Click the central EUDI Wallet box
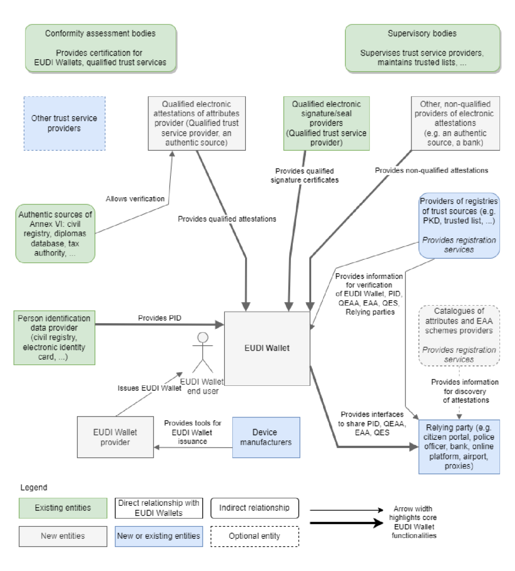267,348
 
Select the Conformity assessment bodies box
100,48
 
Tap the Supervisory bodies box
422,48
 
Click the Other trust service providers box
64,123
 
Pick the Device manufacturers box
266,437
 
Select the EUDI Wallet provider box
115,437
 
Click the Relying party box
459,446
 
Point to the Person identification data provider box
54,337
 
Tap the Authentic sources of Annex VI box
55,233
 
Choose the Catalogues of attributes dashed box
459,335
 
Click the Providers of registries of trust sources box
459,225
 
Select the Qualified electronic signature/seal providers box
326,123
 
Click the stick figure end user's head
203,337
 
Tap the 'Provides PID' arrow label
159,318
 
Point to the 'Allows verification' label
135,198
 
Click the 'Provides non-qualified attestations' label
431,170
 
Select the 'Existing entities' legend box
63,508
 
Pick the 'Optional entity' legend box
254,536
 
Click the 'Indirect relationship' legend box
254,508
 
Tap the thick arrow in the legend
346,523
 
